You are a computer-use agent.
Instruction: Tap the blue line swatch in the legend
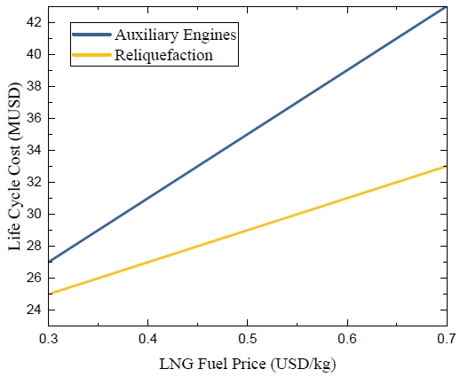(x=91, y=35)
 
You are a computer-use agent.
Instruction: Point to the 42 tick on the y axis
(x=34, y=22)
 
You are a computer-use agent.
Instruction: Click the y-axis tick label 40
(x=34, y=54)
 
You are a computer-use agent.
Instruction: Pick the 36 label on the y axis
(x=34, y=118)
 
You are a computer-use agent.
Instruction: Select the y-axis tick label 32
(x=34, y=182)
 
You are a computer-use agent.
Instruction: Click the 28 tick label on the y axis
(x=34, y=246)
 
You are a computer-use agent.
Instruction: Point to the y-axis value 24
(x=34, y=310)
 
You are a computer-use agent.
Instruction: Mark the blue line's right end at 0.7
(x=446, y=6)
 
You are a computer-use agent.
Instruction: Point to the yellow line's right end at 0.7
(x=446, y=166)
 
